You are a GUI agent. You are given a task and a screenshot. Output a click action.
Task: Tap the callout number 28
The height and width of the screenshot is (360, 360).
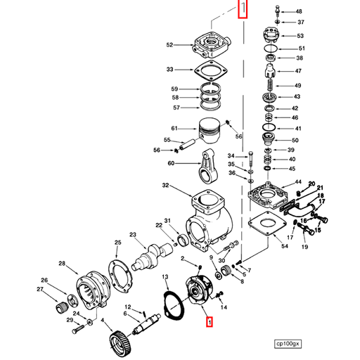coord(62,264)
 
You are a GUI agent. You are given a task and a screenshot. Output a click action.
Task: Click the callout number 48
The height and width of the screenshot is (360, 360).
coord(299,12)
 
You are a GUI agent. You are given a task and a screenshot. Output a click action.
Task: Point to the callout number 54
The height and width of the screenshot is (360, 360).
coord(284,247)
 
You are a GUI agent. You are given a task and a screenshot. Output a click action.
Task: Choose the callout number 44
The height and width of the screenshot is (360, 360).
coord(298,182)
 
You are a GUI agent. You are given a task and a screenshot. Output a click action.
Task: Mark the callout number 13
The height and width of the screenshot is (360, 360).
coord(165,277)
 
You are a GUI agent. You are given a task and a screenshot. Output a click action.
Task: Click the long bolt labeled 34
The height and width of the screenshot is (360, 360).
coord(250,162)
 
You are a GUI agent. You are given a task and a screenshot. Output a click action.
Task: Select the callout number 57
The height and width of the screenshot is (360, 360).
coord(176,108)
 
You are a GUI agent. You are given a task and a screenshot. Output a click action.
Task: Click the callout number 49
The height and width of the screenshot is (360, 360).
coord(299,86)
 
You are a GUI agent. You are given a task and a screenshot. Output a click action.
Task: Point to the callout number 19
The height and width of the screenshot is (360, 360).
coord(304,247)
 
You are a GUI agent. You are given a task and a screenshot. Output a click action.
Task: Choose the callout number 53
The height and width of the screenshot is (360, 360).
coord(300,36)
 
